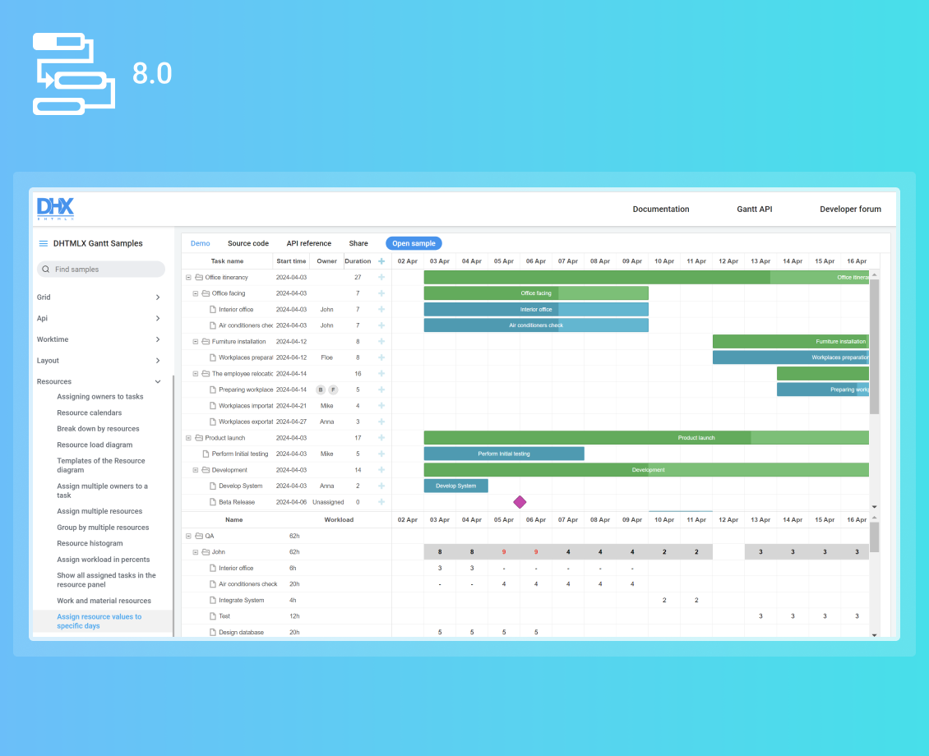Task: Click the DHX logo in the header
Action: tap(55, 209)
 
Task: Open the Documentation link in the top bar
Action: tap(661, 210)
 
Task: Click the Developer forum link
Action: tap(850, 210)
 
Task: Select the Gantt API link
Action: tap(754, 210)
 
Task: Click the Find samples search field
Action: tap(101, 270)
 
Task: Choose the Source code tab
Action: tap(248, 243)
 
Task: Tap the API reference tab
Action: tap(309, 243)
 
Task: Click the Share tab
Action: tap(358, 243)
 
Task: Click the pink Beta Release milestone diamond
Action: tap(520, 502)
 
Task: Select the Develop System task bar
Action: tap(456, 486)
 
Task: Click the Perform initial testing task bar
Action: tap(504, 454)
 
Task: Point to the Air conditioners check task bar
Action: tap(536, 325)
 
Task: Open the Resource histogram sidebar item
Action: tap(90, 543)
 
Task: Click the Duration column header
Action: tap(358, 261)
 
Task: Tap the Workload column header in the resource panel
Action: tap(339, 520)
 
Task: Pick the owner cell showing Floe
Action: tap(326, 357)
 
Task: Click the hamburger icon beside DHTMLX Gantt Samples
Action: tap(43, 243)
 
